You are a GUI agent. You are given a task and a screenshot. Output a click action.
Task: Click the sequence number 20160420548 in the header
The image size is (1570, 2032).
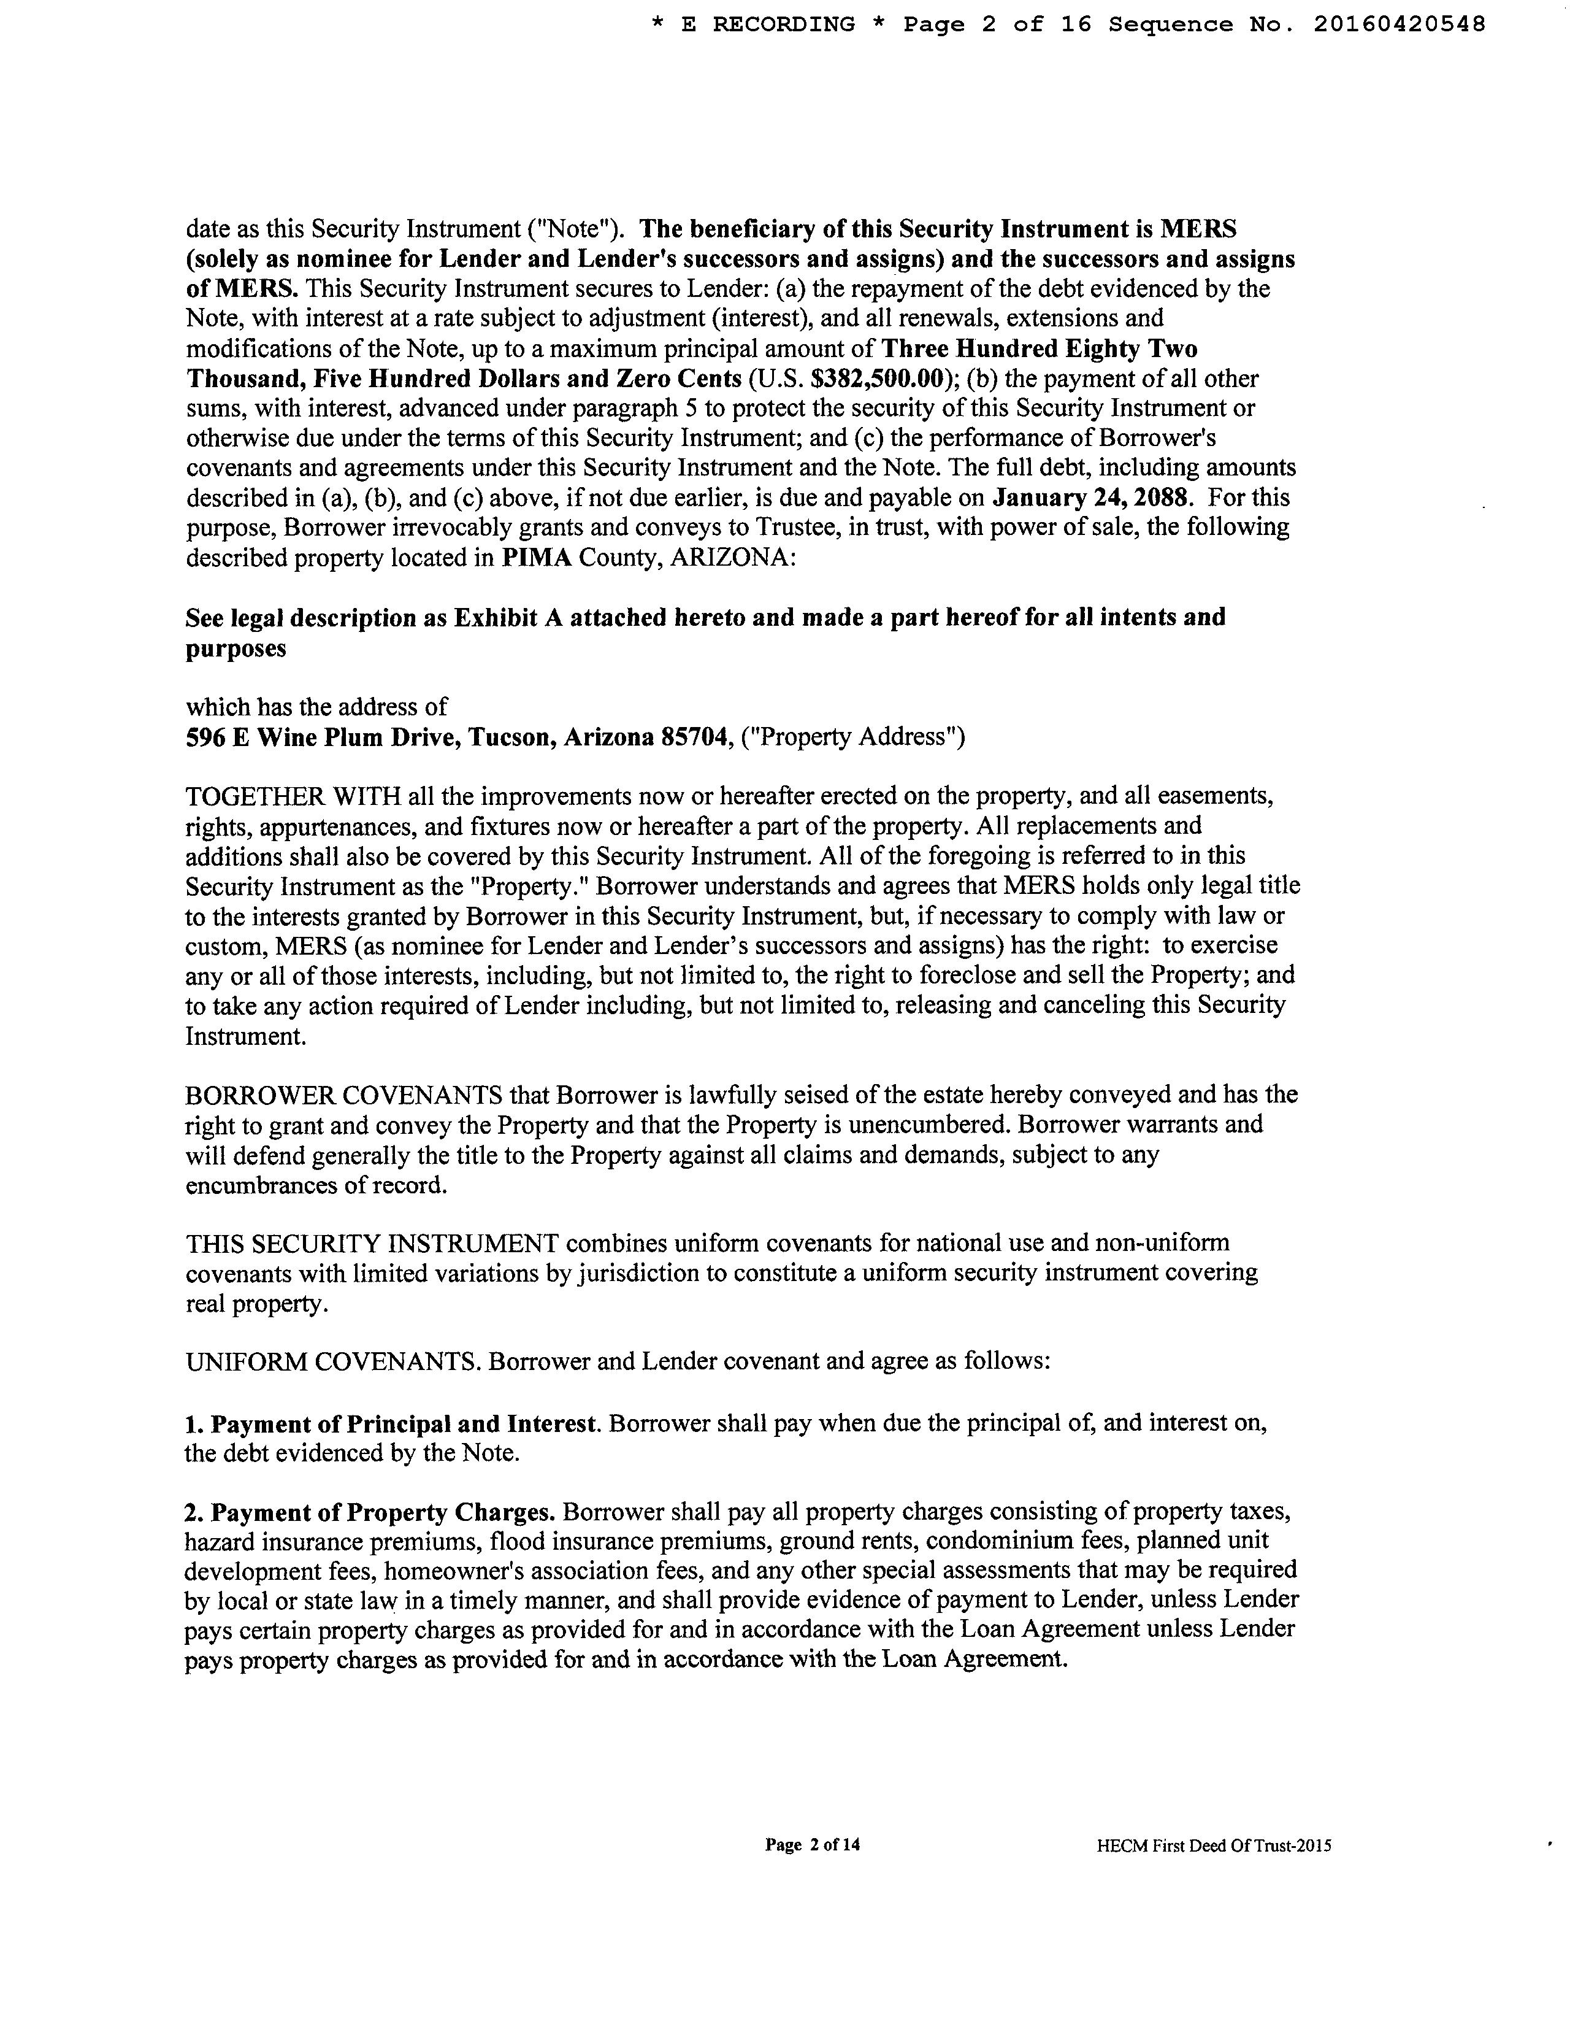coord(1399,25)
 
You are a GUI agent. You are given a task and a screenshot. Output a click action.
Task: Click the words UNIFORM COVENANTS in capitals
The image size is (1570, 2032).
coord(332,1361)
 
